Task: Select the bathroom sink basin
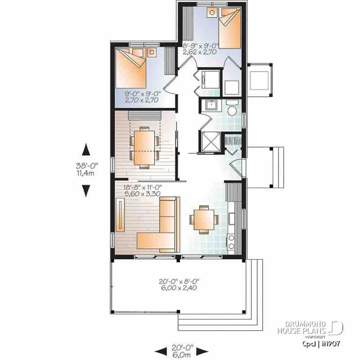pos(211,106)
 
